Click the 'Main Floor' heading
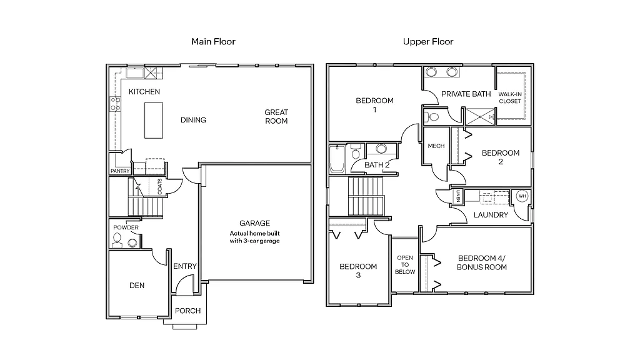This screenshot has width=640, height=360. (x=213, y=42)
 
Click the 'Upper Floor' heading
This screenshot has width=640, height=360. (x=428, y=42)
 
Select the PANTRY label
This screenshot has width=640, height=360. (x=119, y=171)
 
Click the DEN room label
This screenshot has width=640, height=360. (x=137, y=286)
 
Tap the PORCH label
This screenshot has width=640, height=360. (x=187, y=311)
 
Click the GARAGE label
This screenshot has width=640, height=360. (x=255, y=223)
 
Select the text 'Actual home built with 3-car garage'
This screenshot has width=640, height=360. (x=255, y=236)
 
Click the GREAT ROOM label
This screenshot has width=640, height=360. (x=276, y=117)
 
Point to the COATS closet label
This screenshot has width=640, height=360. (x=160, y=187)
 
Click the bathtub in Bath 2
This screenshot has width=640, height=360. (x=336, y=160)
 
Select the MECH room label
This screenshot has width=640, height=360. (x=436, y=146)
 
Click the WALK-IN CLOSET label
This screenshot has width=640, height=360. (x=510, y=97)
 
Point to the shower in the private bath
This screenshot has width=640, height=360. (x=479, y=116)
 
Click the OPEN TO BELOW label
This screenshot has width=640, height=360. (x=405, y=265)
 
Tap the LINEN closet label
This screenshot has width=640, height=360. (x=458, y=196)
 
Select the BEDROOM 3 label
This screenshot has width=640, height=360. (x=358, y=271)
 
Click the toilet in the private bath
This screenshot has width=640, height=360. (x=432, y=116)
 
